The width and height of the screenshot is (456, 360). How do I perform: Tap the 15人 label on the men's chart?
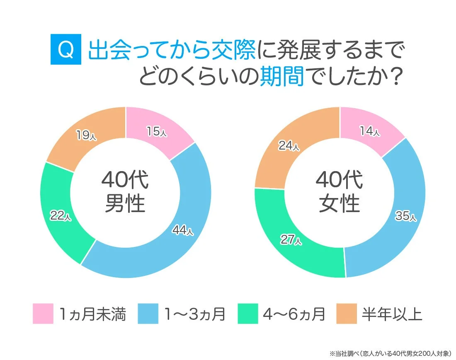point(157,132)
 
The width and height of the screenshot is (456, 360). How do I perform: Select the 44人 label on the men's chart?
point(182,231)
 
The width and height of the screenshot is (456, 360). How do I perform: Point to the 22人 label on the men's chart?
point(61,215)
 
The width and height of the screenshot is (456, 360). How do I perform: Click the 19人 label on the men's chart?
point(86,135)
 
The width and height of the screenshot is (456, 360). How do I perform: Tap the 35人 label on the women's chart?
point(406,216)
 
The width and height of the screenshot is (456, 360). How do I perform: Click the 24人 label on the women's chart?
point(289,146)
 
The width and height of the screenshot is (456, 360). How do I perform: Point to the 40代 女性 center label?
point(340,192)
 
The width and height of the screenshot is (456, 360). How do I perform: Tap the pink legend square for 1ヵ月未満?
point(43,314)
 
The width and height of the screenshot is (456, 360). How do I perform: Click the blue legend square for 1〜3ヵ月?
point(148,314)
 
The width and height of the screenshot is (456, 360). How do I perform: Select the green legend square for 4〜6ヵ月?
point(248,314)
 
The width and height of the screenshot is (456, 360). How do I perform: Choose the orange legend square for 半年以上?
point(347,314)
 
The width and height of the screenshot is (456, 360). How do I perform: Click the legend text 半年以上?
point(392,314)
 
